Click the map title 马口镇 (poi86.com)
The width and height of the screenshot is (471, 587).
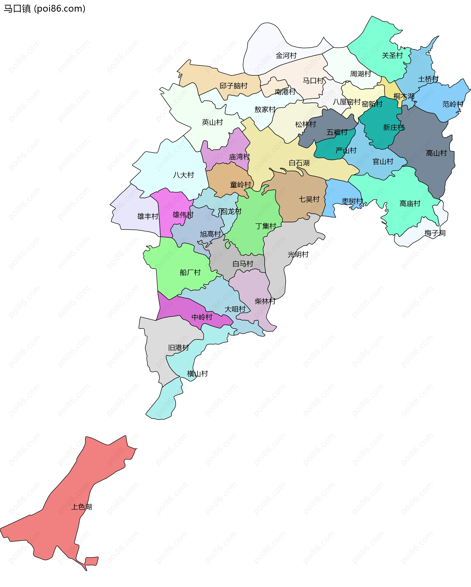pyautogui.click(x=44, y=9)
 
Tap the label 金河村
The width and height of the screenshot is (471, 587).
pyautogui.click(x=286, y=55)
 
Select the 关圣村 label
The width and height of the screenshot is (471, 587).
pyautogui.click(x=392, y=55)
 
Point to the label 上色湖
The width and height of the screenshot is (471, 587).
pyautogui.click(x=81, y=507)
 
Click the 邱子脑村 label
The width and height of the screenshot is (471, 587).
pyautogui.click(x=234, y=86)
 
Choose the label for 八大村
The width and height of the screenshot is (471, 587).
pyautogui.click(x=183, y=175)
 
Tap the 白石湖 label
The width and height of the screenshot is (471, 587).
pyautogui.click(x=299, y=163)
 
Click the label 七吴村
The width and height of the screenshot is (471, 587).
pyautogui.click(x=309, y=199)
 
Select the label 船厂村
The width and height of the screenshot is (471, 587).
pyautogui.click(x=190, y=273)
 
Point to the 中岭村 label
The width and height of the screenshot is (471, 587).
pyautogui.click(x=202, y=317)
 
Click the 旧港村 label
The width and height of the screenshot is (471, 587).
pyautogui.click(x=179, y=348)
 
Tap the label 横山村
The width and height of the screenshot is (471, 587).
pyautogui.click(x=197, y=374)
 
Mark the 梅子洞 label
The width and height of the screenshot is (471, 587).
pyautogui.click(x=435, y=233)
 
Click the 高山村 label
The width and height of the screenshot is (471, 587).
pyautogui.click(x=436, y=153)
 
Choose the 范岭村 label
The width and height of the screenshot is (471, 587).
pyautogui.click(x=453, y=104)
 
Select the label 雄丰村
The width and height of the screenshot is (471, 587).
pyautogui.click(x=148, y=217)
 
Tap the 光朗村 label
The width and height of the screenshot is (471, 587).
pyautogui.click(x=298, y=255)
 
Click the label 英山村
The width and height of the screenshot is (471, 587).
pyautogui.click(x=212, y=122)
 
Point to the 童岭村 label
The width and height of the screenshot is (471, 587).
pyautogui.click(x=241, y=185)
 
